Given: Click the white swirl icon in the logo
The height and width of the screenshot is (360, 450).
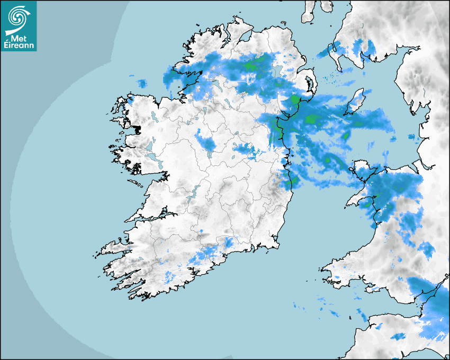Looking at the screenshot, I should coord(18,17).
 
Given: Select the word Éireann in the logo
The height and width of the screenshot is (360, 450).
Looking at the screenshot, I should coord(19,46).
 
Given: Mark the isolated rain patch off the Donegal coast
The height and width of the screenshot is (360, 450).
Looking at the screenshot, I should coord(142,83).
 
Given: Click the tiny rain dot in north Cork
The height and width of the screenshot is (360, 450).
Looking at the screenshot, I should coord(201,231).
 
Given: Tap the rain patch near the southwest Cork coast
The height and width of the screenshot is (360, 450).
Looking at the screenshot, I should coord(169,275).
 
